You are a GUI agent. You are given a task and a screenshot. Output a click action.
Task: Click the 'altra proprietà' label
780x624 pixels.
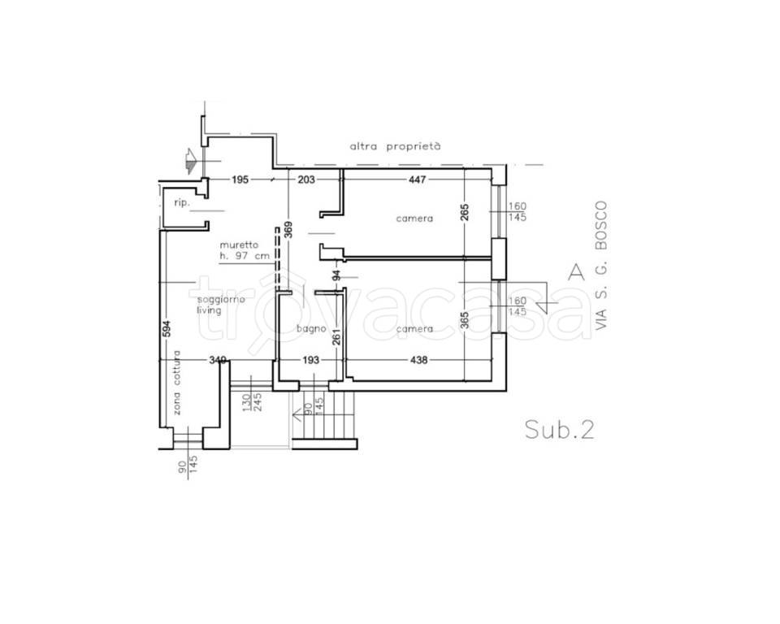(395, 146)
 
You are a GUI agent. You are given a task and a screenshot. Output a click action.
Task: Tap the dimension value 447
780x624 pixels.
(417, 179)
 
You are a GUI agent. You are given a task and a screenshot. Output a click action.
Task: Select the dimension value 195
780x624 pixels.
(240, 179)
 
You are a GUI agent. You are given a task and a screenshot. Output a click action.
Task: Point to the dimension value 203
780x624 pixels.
(306, 179)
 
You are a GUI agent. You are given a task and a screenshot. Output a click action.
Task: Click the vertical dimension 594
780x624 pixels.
(167, 328)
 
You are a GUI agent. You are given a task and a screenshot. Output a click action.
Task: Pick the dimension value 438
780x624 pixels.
(418, 359)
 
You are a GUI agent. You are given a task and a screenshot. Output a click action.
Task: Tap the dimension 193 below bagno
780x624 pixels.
(310, 359)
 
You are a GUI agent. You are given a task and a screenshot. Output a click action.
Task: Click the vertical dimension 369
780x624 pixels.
(288, 229)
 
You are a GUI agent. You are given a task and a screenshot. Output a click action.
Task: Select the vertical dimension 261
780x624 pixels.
(336, 337)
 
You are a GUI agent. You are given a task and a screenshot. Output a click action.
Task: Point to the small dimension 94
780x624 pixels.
(336, 275)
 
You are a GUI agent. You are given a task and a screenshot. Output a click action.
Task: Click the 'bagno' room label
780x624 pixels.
(311, 328)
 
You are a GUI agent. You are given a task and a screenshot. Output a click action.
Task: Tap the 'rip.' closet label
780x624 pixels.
(182, 202)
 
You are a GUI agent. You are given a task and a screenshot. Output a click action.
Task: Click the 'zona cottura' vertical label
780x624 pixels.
(177, 383)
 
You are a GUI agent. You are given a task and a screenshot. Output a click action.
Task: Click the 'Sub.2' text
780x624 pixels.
(560, 429)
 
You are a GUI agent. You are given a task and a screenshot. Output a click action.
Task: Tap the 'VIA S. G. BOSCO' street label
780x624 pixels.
(601, 265)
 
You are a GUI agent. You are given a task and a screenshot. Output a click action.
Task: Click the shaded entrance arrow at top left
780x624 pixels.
(190, 161)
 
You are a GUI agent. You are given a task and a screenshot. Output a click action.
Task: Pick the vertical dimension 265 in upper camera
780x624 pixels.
(465, 213)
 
